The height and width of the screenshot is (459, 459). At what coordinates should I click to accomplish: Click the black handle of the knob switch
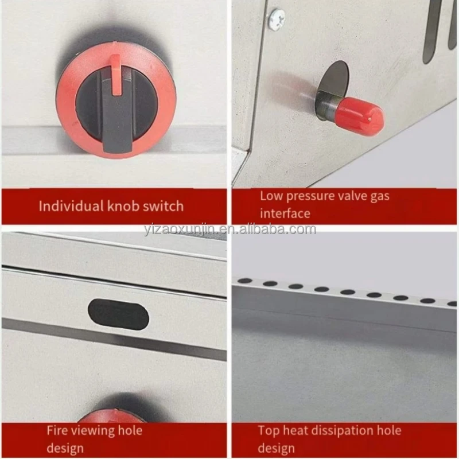click(x=117, y=111)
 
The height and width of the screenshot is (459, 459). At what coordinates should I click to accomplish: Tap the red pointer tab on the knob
click(x=116, y=75)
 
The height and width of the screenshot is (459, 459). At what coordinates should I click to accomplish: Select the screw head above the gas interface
click(x=277, y=18)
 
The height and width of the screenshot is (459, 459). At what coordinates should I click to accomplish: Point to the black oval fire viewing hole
click(x=119, y=314)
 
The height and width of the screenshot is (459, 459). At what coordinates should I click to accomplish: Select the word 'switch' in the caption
click(x=163, y=206)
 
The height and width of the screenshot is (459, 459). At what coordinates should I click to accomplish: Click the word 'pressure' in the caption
click(x=310, y=197)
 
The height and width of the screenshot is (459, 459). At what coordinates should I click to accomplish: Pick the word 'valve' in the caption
click(x=352, y=196)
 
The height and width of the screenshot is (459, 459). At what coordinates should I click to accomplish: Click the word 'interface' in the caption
click(x=285, y=213)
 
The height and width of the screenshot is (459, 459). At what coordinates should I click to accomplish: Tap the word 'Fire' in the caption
click(x=57, y=431)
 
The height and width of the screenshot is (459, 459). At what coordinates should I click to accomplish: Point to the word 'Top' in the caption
click(x=268, y=431)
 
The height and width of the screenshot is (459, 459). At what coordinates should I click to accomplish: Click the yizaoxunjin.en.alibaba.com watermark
click(x=230, y=229)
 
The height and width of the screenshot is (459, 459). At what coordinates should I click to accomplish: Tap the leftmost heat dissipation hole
click(x=245, y=281)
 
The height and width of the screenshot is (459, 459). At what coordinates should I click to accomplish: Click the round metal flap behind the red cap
click(x=333, y=85)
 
